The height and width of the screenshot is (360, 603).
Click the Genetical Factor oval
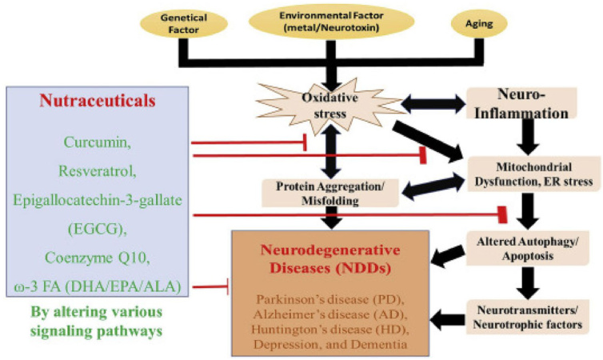point(184,23)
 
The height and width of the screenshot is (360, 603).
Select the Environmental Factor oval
point(332,22)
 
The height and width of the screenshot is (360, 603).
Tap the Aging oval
point(479,23)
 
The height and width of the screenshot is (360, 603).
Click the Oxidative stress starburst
point(330,106)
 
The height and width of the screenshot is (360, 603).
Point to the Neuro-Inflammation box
point(521,103)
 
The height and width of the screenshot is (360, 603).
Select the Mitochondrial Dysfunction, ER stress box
point(533,174)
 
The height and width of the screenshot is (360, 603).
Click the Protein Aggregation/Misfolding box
point(330,193)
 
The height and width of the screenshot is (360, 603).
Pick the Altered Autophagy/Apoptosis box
point(528,248)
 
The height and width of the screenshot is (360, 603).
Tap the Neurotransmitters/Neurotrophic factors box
point(528,317)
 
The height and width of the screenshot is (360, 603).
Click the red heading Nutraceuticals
point(98,101)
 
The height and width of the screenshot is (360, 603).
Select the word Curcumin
point(98,142)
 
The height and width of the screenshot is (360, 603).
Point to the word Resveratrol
point(98,170)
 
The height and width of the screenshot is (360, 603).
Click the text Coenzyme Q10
point(98,258)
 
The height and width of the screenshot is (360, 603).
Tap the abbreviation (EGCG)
point(98,229)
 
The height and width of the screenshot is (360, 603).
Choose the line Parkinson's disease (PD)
point(330,299)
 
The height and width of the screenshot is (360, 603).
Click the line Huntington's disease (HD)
point(330,330)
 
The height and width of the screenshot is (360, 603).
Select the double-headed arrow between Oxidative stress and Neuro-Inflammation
point(433,103)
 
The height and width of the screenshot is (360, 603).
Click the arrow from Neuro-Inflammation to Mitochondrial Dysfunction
point(528,137)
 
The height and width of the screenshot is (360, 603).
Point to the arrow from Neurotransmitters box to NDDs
point(448,320)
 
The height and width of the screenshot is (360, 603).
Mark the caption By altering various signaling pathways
point(97,321)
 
